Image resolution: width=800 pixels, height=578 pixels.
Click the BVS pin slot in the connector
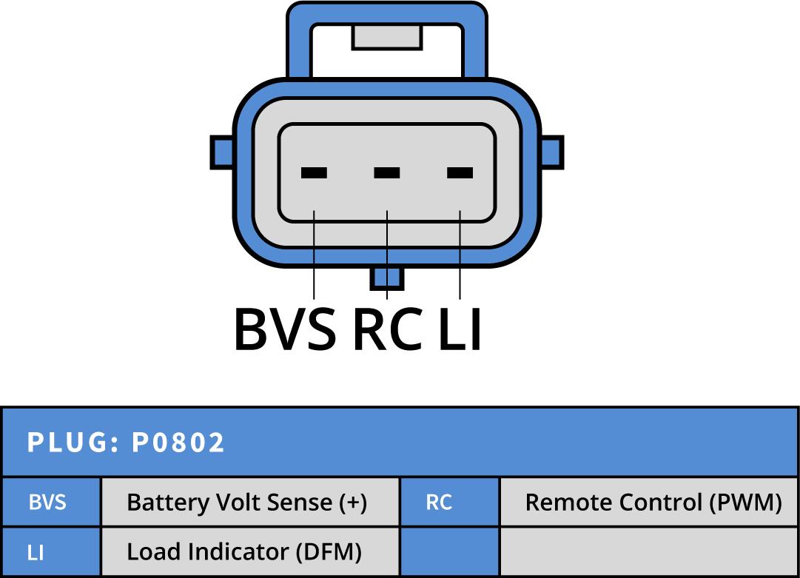click(314, 173)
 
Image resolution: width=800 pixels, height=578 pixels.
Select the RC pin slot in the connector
click(387, 173)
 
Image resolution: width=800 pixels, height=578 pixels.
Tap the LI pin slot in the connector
click(460, 173)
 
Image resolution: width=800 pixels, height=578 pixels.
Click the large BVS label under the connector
click(285, 329)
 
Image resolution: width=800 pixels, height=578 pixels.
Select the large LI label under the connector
click(460, 329)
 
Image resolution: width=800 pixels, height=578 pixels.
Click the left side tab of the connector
click(221, 152)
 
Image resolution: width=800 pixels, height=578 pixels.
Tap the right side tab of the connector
click(552, 152)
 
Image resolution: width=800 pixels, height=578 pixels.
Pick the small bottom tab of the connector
click(387, 278)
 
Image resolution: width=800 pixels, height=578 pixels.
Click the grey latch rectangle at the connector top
click(386, 36)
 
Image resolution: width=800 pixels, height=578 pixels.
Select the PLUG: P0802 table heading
click(127, 443)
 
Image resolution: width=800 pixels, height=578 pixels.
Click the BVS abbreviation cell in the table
click(48, 503)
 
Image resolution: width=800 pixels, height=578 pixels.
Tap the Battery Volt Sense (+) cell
click(247, 503)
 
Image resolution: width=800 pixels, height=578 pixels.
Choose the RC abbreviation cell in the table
click(439, 503)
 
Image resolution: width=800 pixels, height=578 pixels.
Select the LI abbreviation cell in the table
click(36, 552)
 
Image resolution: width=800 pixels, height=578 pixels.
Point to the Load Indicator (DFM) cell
click(244, 552)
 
